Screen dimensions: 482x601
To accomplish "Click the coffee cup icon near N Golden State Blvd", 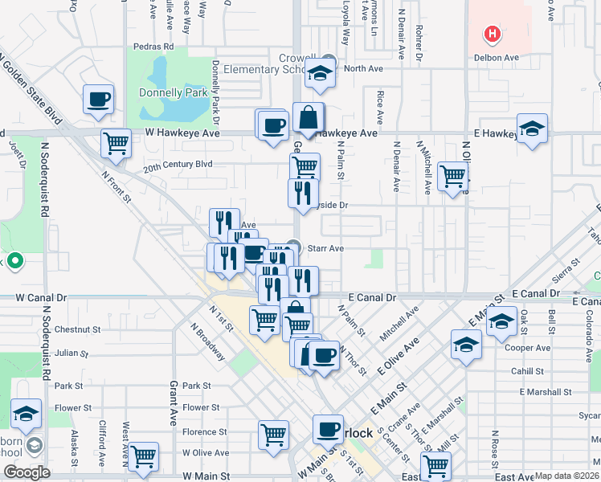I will point(99,100).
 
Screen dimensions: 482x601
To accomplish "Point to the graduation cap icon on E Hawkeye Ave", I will point(532,129).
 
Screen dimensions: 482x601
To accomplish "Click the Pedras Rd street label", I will point(154,47).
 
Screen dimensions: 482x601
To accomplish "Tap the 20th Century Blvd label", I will point(178,165).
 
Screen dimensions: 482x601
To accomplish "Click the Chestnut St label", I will point(77,329).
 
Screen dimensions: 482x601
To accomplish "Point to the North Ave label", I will point(363,68).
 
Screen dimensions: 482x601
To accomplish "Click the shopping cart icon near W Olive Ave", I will point(144,457).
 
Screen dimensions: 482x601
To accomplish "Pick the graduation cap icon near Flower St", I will point(27,415).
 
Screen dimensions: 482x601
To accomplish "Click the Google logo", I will point(27,472).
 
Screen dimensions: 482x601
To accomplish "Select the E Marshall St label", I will point(546,392).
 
